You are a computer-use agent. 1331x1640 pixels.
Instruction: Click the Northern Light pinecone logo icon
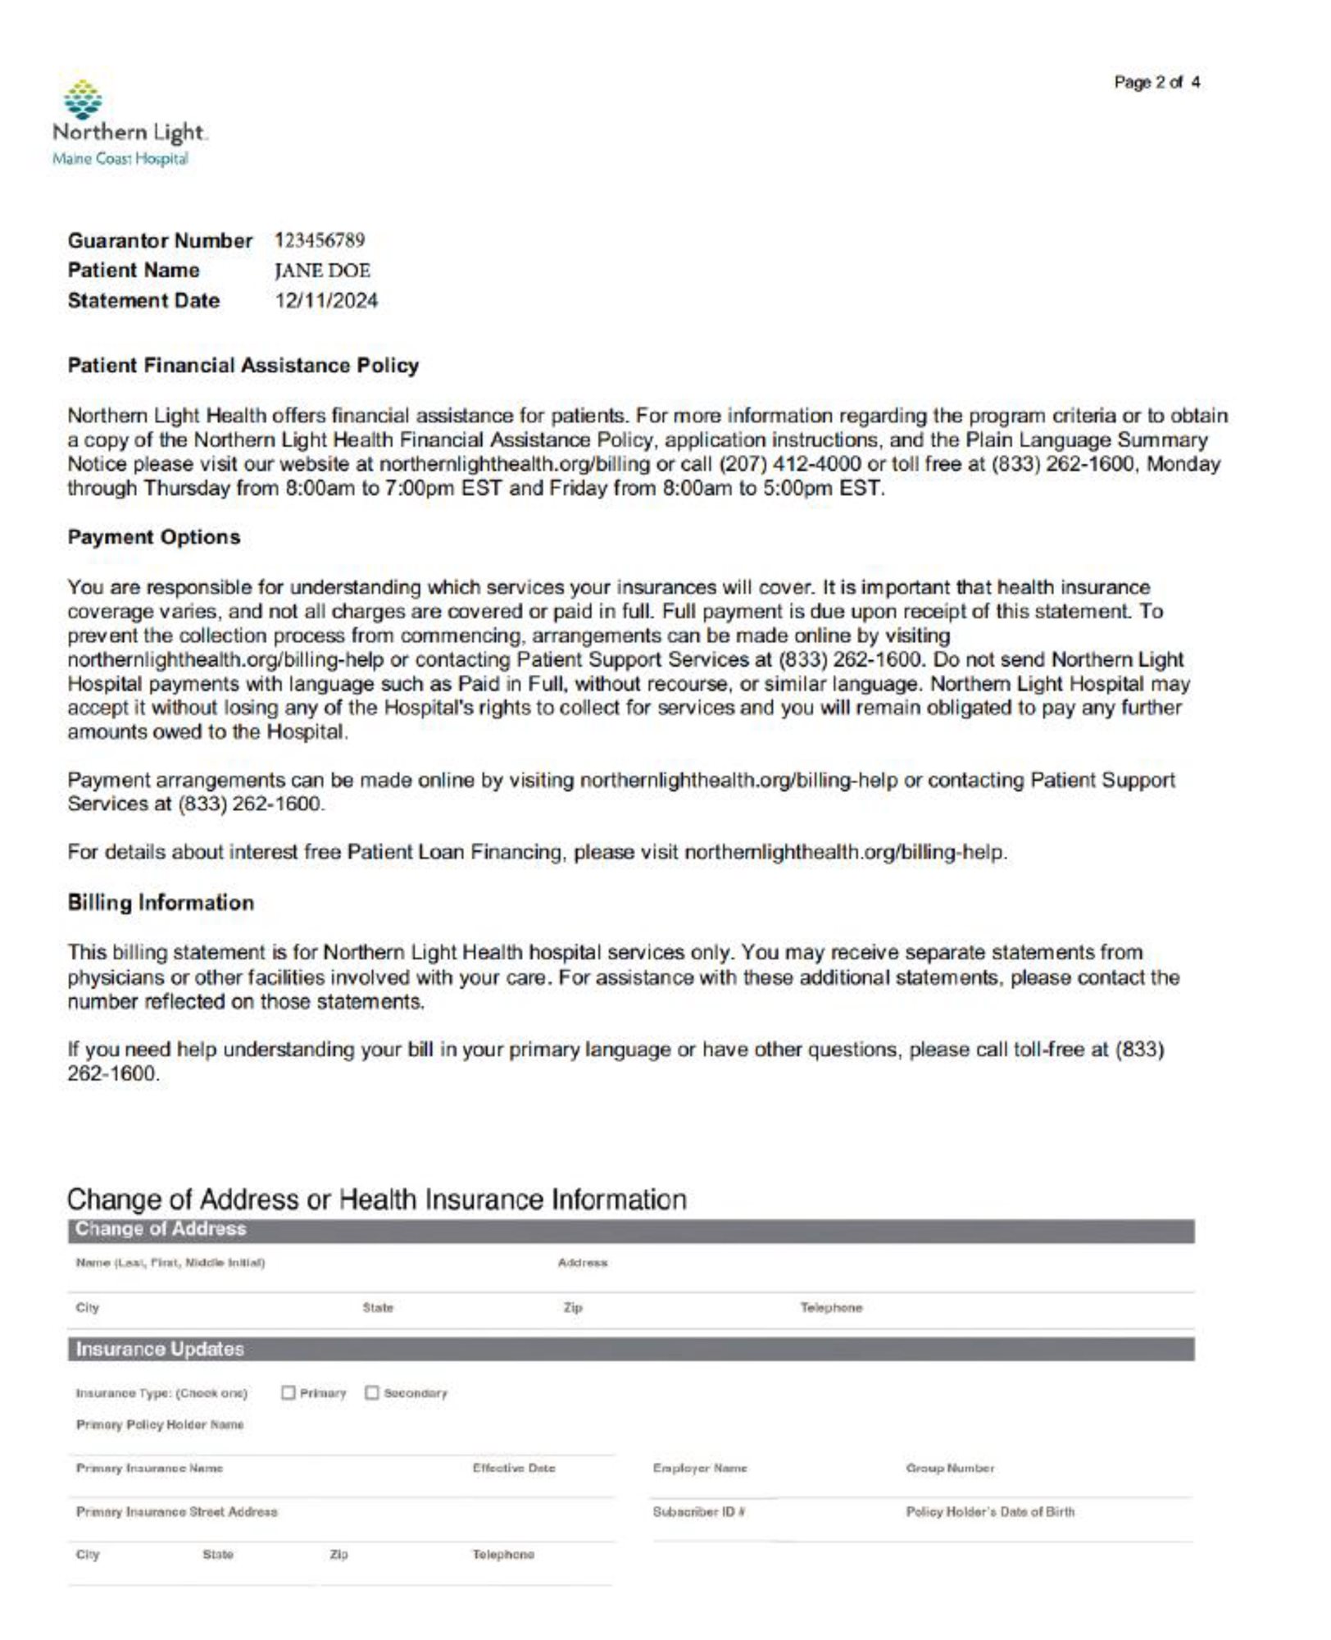pos(83,100)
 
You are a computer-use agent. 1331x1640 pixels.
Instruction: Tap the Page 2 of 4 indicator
pos(1156,82)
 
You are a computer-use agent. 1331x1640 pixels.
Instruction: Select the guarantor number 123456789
pos(320,240)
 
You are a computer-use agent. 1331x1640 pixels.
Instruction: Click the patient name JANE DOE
pos(322,271)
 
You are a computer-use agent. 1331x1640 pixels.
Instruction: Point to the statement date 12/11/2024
pos(326,301)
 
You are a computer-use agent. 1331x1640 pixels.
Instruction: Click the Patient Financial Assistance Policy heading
pos(243,366)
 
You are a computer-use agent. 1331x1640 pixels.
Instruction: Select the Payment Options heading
pos(154,538)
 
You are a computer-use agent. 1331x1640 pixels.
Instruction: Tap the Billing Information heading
pos(161,903)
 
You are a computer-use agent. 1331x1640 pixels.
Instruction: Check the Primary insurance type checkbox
pos(288,1393)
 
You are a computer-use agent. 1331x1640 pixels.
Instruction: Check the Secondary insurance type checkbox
pos(372,1393)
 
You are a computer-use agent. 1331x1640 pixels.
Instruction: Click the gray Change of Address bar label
pos(161,1229)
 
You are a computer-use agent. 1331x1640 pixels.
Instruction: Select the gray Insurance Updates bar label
pos(160,1350)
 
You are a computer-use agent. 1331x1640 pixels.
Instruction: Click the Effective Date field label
pos(514,1469)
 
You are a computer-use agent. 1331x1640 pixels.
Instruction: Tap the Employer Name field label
pos(700,1469)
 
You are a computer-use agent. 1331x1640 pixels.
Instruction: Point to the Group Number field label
pos(950,1469)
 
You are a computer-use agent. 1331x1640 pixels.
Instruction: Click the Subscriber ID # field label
pos(698,1512)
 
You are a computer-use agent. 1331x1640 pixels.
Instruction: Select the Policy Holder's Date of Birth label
pos(990,1512)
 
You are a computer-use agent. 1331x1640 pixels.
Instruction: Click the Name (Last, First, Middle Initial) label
pos(170,1264)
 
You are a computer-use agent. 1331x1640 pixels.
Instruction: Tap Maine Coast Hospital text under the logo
pos(120,159)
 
